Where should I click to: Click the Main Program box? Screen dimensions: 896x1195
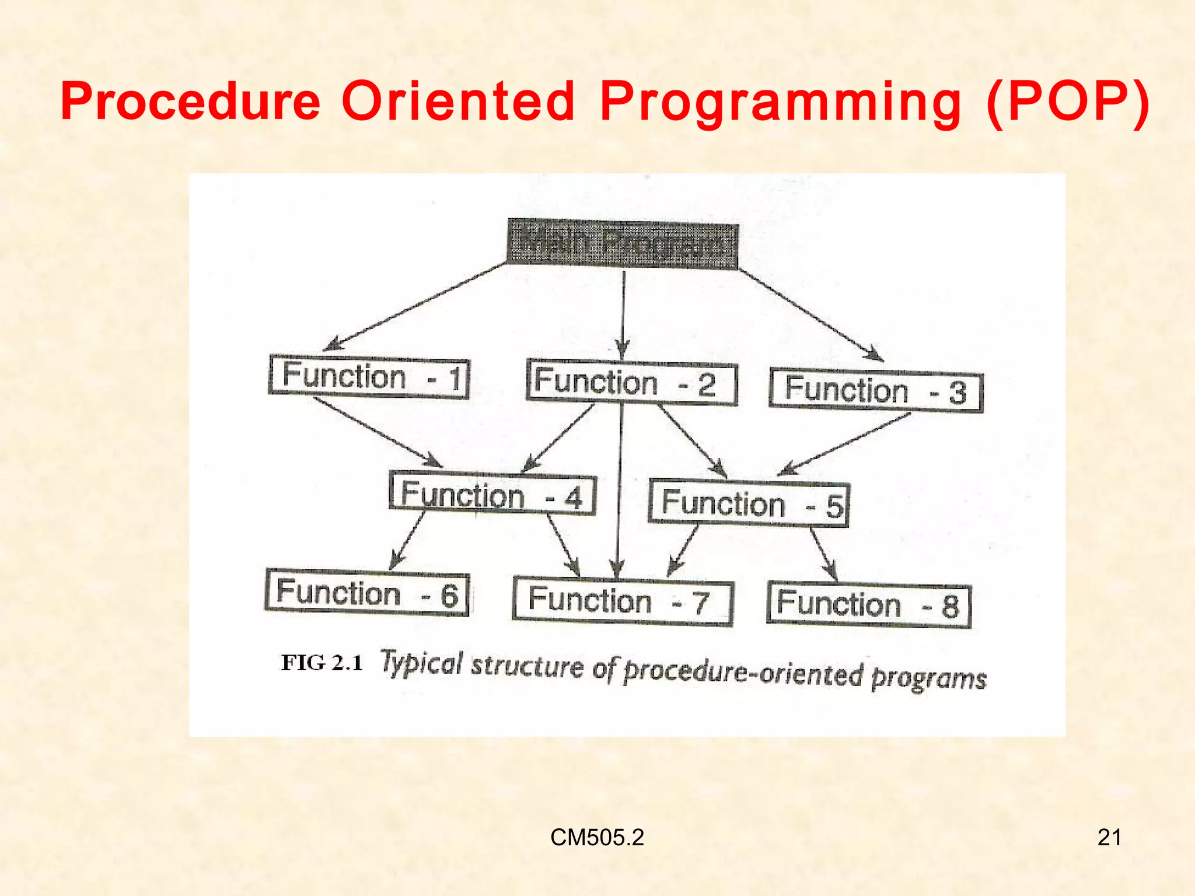[x=623, y=244]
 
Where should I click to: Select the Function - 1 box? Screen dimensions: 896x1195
[x=369, y=377]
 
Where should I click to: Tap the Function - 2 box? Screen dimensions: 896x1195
[x=631, y=383]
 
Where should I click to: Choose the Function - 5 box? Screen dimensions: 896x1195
[x=749, y=503]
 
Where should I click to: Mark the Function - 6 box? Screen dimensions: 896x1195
[x=367, y=593]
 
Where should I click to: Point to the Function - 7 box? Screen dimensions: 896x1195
[x=623, y=601]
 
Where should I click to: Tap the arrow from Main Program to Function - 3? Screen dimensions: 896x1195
[x=811, y=315]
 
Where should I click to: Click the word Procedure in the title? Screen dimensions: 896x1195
[x=191, y=101]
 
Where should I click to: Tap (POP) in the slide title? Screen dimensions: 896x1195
[x=1067, y=101]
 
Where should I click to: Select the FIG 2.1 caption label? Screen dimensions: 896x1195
[x=322, y=663]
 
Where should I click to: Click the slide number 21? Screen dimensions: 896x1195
[x=1109, y=838]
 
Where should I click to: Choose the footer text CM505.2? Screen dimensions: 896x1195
[x=597, y=838]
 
